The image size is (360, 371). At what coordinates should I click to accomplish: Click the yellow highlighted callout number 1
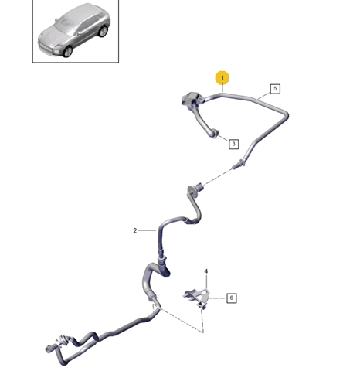[x=222, y=78]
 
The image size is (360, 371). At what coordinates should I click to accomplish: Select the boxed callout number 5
[x=275, y=89]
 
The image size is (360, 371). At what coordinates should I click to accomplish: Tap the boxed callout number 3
[x=233, y=144]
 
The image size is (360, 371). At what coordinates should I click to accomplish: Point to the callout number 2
[x=135, y=230]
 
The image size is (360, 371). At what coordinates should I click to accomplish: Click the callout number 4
[x=206, y=271]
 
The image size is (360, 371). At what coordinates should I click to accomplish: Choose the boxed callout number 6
[x=231, y=298]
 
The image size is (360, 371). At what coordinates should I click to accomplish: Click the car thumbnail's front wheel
[x=68, y=51]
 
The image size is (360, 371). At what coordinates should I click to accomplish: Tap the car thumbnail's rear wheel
[x=104, y=31]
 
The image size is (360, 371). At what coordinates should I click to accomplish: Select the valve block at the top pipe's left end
[x=192, y=100]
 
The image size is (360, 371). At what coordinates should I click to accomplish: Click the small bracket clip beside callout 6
[x=197, y=298]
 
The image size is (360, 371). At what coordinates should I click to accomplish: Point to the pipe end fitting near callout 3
[x=215, y=134]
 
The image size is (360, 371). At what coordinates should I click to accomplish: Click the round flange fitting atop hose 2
[x=192, y=191]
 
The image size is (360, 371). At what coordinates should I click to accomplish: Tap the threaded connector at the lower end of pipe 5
[x=239, y=164]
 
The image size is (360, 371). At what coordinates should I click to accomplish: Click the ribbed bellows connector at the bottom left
[x=64, y=341]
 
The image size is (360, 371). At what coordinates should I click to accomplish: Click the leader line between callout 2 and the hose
[x=148, y=230]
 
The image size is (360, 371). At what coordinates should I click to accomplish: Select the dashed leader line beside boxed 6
[x=218, y=298]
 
